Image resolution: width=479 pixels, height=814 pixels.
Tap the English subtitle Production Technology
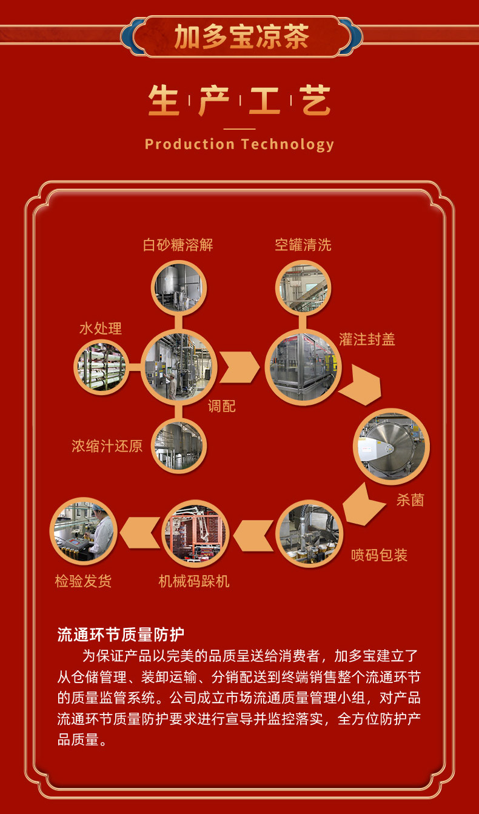pyautogui.click(x=239, y=144)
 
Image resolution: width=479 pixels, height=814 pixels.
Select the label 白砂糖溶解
pyautogui.click(x=178, y=245)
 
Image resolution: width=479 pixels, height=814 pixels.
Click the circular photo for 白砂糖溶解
pyautogui.click(x=178, y=287)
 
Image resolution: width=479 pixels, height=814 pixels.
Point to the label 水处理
pyautogui.click(x=100, y=328)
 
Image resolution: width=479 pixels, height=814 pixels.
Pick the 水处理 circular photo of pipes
pyautogui.click(x=101, y=367)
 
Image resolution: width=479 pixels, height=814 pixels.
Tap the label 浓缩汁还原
pyautogui.click(x=107, y=447)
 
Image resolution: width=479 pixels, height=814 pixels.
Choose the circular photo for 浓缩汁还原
pyautogui.click(x=178, y=446)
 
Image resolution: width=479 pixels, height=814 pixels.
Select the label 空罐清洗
pyautogui.click(x=303, y=245)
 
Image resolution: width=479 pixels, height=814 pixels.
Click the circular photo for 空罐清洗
pyautogui.click(x=303, y=287)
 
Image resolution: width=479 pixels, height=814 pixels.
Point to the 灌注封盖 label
pyautogui.click(x=367, y=339)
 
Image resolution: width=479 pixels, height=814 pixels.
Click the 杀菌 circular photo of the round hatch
pyautogui.click(x=391, y=446)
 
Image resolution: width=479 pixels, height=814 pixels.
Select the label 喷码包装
pyautogui.click(x=379, y=555)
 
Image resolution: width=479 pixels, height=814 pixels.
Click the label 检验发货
pyautogui.click(x=83, y=581)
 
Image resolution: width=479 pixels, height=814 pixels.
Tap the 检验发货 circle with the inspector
pyautogui.click(x=83, y=532)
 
